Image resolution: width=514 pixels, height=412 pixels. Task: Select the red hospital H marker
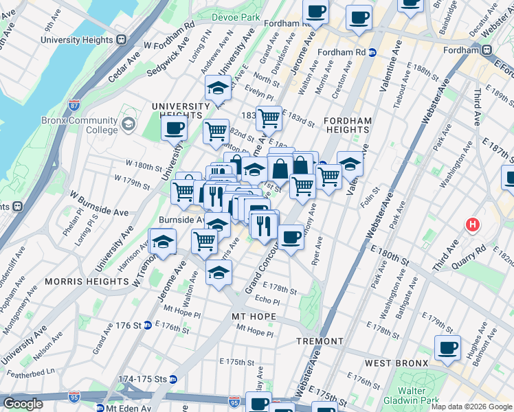click(473, 224)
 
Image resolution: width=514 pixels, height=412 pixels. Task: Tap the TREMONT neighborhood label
click(320, 341)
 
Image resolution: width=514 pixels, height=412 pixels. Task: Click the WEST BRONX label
click(392, 362)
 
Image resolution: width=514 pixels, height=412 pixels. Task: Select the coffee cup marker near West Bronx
click(448, 348)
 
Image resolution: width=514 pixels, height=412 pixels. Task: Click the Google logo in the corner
click(23, 404)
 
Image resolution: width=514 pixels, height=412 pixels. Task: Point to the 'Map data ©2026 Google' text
click(471, 407)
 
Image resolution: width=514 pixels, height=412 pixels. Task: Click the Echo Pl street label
click(267, 301)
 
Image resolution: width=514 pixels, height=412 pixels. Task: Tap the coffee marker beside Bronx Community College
click(174, 128)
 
